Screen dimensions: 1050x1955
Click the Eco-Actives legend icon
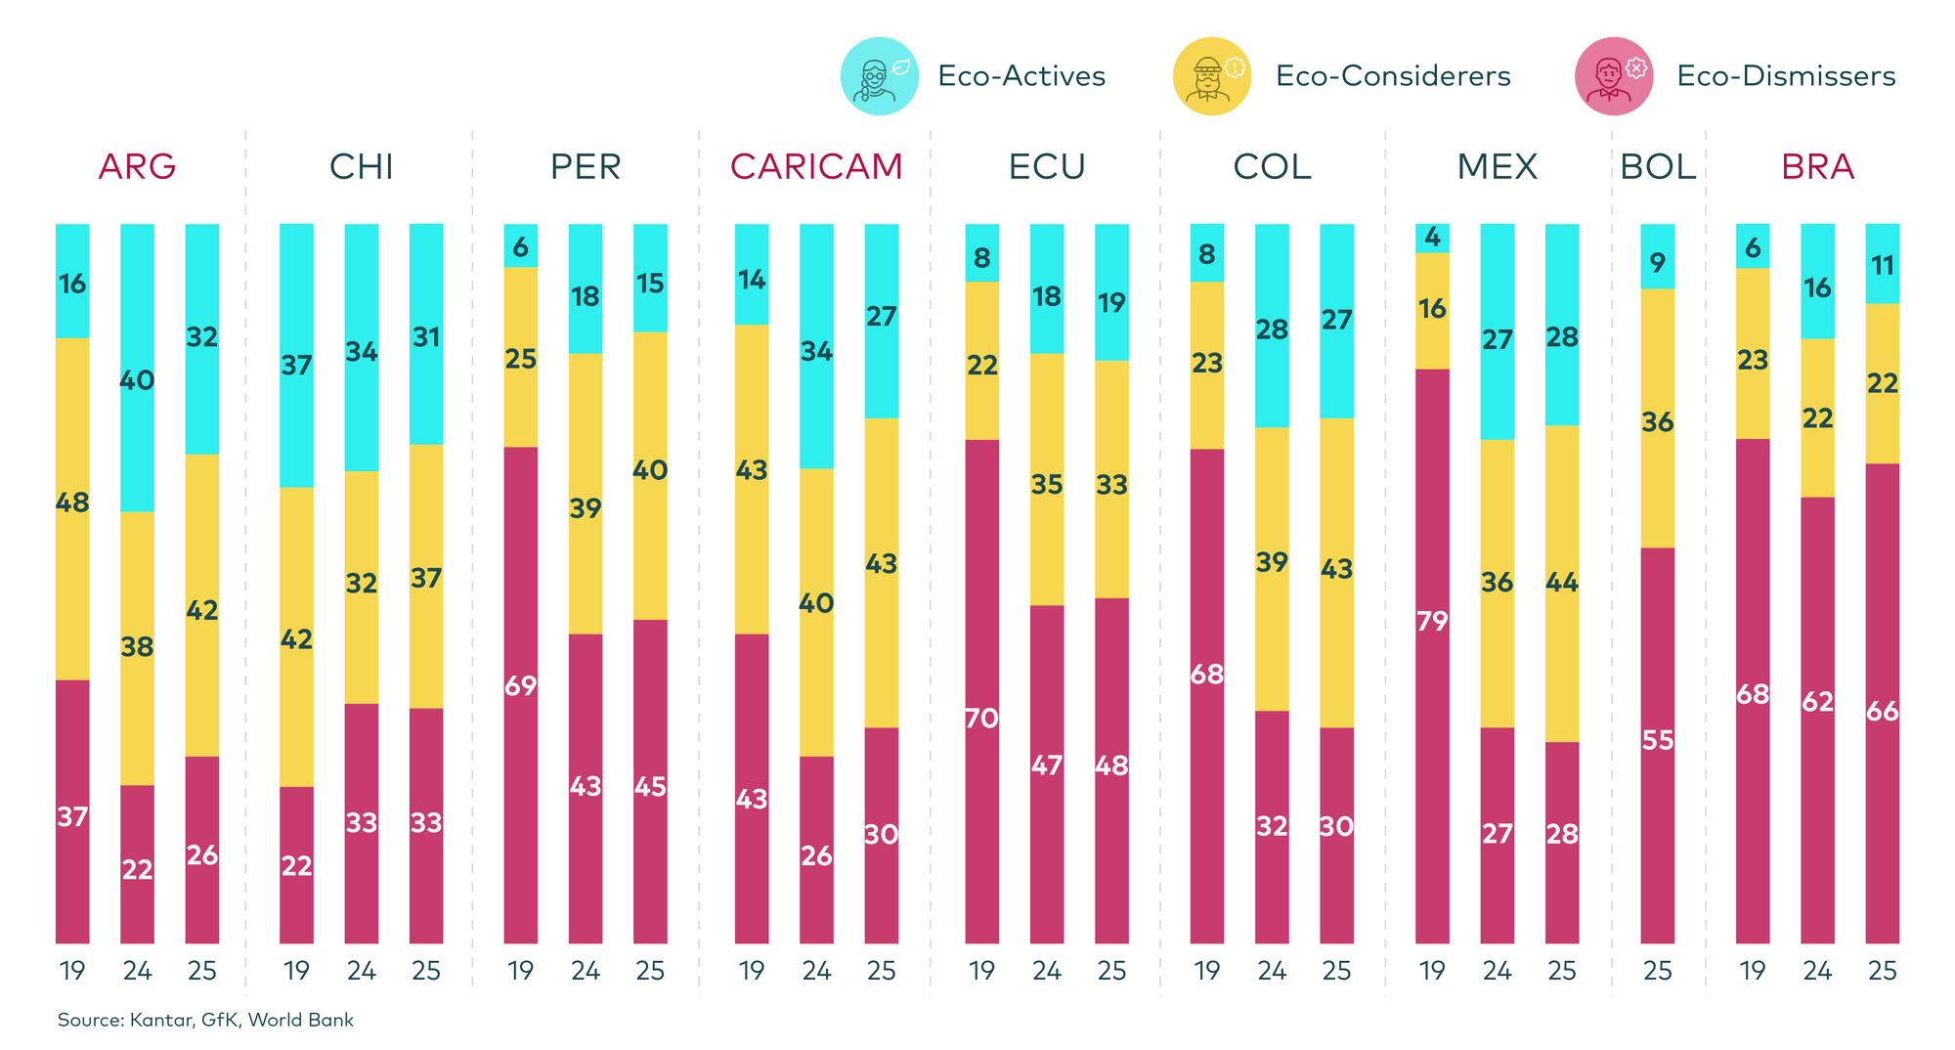879,76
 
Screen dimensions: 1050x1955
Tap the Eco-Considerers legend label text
1393,76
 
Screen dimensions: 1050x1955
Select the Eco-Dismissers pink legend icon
1614,76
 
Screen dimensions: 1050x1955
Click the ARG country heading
137,167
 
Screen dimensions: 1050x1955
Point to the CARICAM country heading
816,167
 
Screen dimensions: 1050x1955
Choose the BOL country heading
1658,167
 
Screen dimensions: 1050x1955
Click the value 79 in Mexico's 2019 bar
1432,621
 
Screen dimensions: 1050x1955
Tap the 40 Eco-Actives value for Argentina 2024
137,379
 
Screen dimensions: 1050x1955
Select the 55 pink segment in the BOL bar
1658,740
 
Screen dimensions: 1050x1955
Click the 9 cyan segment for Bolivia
1658,262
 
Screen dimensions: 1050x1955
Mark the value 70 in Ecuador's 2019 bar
981,719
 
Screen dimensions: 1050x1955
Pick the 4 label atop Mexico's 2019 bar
1432,237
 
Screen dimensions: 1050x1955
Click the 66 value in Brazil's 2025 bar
1882,711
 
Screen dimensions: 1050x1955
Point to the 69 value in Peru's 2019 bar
521,685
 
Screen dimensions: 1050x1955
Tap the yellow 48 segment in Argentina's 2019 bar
72,503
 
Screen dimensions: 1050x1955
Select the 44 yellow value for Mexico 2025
1562,583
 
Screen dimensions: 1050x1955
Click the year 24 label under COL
1272,971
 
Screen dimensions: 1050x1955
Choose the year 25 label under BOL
1658,971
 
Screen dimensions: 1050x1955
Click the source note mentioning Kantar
205,1021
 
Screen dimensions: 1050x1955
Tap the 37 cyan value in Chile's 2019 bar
296,366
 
